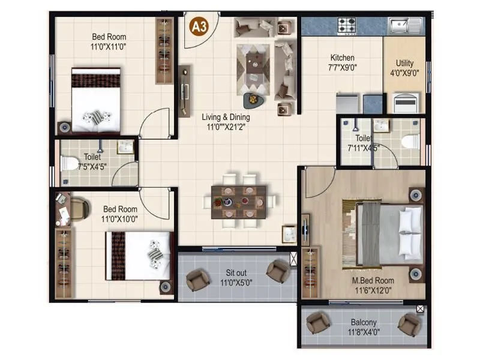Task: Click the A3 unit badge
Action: [197, 26]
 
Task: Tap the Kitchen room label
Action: [342, 58]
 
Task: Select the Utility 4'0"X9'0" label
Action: [404, 68]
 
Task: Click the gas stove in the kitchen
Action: [347, 26]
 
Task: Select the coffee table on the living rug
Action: [256, 59]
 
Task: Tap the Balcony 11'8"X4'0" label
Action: [364, 327]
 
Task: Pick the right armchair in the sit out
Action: [277, 271]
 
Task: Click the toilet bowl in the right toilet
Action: [410, 142]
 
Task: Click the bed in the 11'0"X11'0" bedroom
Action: [95, 100]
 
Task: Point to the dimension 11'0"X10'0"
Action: [120, 219]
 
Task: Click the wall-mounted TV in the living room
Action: [185, 91]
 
